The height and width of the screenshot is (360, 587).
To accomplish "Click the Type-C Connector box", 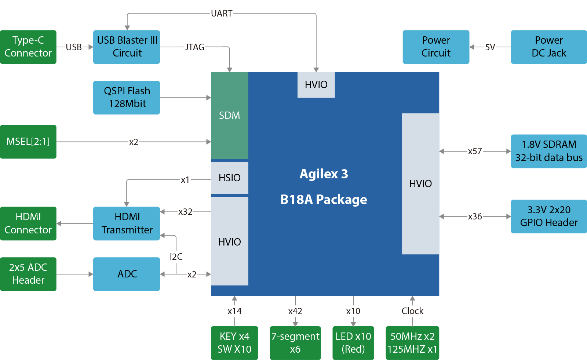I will pyautogui.click(x=28, y=47).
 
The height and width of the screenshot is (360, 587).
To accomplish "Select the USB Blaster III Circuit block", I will pyautogui.click(x=127, y=47).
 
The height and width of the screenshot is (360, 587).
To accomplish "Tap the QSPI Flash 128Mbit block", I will pyautogui.click(x=127, y=98).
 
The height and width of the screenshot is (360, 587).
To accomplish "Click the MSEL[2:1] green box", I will pyautogui.click(x=28, y=142).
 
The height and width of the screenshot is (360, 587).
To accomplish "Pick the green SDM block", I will pyautogui.click(x=229, y=116).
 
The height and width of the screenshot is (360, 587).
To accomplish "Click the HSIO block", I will pyautogui.click(x=229, y=178).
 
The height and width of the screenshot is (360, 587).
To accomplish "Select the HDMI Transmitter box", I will pyautogui.click(x=127, y=223).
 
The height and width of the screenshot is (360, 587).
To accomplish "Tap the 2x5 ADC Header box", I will pyautogui.click(x=28, y=274).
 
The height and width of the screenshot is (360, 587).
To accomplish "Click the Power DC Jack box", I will pyautogui.click(x=548, y=47).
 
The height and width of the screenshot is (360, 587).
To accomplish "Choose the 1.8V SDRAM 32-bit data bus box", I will pyautogui.click(x=548, y=151).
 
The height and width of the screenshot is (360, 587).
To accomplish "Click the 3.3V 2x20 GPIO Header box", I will pyautogui.click(x=548, y=216).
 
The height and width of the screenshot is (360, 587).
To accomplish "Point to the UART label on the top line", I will pyautogui.click(x=222, y=14).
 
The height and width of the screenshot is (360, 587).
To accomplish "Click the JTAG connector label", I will pyautogui.click(x=194, y=47).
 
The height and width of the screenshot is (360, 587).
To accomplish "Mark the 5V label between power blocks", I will pyautogui.click(x=490, y=47).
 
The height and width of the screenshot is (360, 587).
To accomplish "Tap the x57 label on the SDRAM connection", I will pyautogui.click(x=475, y=151).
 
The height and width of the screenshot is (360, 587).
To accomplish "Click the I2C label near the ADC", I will pyautogui.click(x=176, y=257).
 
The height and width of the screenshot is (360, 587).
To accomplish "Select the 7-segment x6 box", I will pyautogui.click(x=295, y=343).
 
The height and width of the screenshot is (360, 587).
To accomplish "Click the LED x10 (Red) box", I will pyautogui.click(x=353, y=343).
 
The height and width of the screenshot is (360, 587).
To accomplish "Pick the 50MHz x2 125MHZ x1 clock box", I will pyautogui.click(x=412, y=343).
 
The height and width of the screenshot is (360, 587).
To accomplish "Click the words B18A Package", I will pyautogui.click(x=324, y=200).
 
